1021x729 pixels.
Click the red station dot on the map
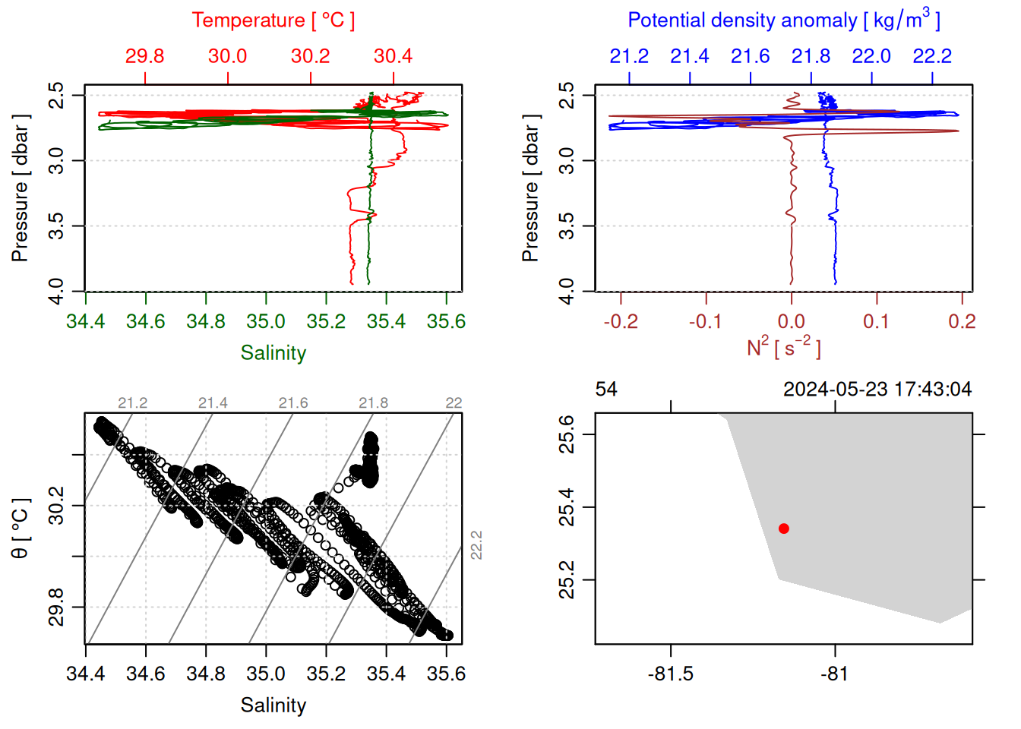pos(783,529)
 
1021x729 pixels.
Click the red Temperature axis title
pos(273,21)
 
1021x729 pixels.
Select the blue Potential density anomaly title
pos(783,20)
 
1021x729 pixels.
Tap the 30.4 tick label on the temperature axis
pos(393,56)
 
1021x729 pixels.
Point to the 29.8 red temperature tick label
pos(144,56)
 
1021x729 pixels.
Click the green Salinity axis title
pos(273,353)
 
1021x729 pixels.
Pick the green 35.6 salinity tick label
pos(446,322)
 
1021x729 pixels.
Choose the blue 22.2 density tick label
pos(932,56)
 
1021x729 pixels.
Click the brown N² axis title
pos(783,347)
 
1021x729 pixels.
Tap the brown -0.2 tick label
pos(620,322)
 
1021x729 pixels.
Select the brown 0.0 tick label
pos(792,322)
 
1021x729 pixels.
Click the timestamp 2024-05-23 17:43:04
pos(877,390)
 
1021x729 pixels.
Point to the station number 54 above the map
pos(606,390)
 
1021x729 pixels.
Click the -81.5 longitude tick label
pos(671,674)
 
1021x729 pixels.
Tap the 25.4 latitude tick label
pos(567,507)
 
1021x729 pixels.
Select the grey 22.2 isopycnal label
pos(476,545)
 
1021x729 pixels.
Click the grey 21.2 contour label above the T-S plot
pos(133,403)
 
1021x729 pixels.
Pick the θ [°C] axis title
pos(21,529)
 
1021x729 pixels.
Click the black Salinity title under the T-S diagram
pos(273,705)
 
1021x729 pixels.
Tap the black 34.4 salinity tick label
pos(85,674)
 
